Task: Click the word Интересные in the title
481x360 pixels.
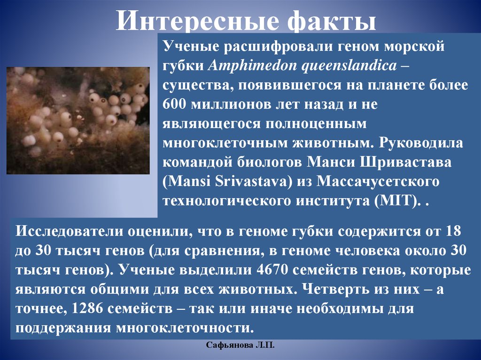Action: (x=196, y=20)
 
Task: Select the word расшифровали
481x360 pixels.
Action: (x=278, y=46)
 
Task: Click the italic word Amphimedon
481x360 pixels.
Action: (x=252, y=66)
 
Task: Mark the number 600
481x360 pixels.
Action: (x=174, y=105)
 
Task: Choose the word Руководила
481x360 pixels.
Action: (x=421, y=143)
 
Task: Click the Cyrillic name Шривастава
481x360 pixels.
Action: (x=405, y=162)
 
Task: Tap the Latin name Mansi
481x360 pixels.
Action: (x=187, y=182)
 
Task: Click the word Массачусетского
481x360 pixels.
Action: (x=378, y=182)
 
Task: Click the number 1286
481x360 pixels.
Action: (x=87, y=309)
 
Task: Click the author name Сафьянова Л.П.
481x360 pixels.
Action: (x=240, y=345)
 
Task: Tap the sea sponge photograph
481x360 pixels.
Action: (x=78, y=121)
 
